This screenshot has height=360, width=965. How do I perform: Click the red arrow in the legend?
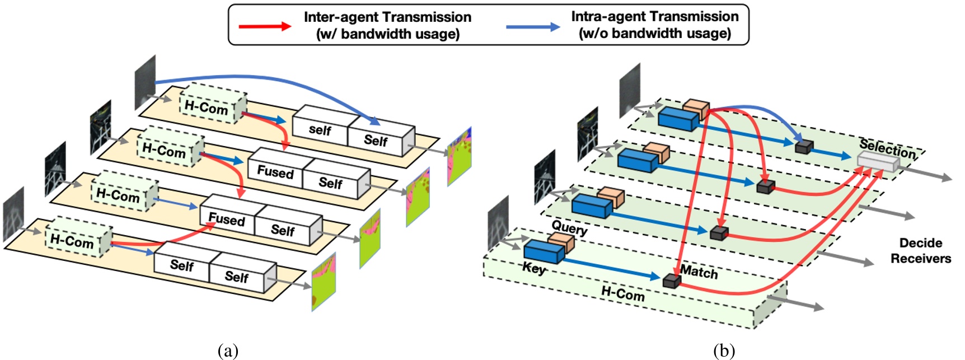(x=264, y=26)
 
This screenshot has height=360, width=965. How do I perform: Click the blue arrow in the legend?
(x=532, y=26)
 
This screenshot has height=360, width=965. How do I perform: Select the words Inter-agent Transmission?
(x=387, y=17)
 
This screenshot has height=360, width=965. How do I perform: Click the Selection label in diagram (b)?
(x=888, y=149)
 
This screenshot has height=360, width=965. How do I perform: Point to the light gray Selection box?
(x=877, y=163)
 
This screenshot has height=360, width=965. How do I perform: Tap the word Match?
(x=699, y=272)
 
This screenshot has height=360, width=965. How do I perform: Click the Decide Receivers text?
(x=920, y=250)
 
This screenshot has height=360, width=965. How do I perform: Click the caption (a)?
(x=227, y=351)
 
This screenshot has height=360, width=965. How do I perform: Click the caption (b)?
(x=724, y=351)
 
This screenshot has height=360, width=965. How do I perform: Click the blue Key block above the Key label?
(x=543, y=251)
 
